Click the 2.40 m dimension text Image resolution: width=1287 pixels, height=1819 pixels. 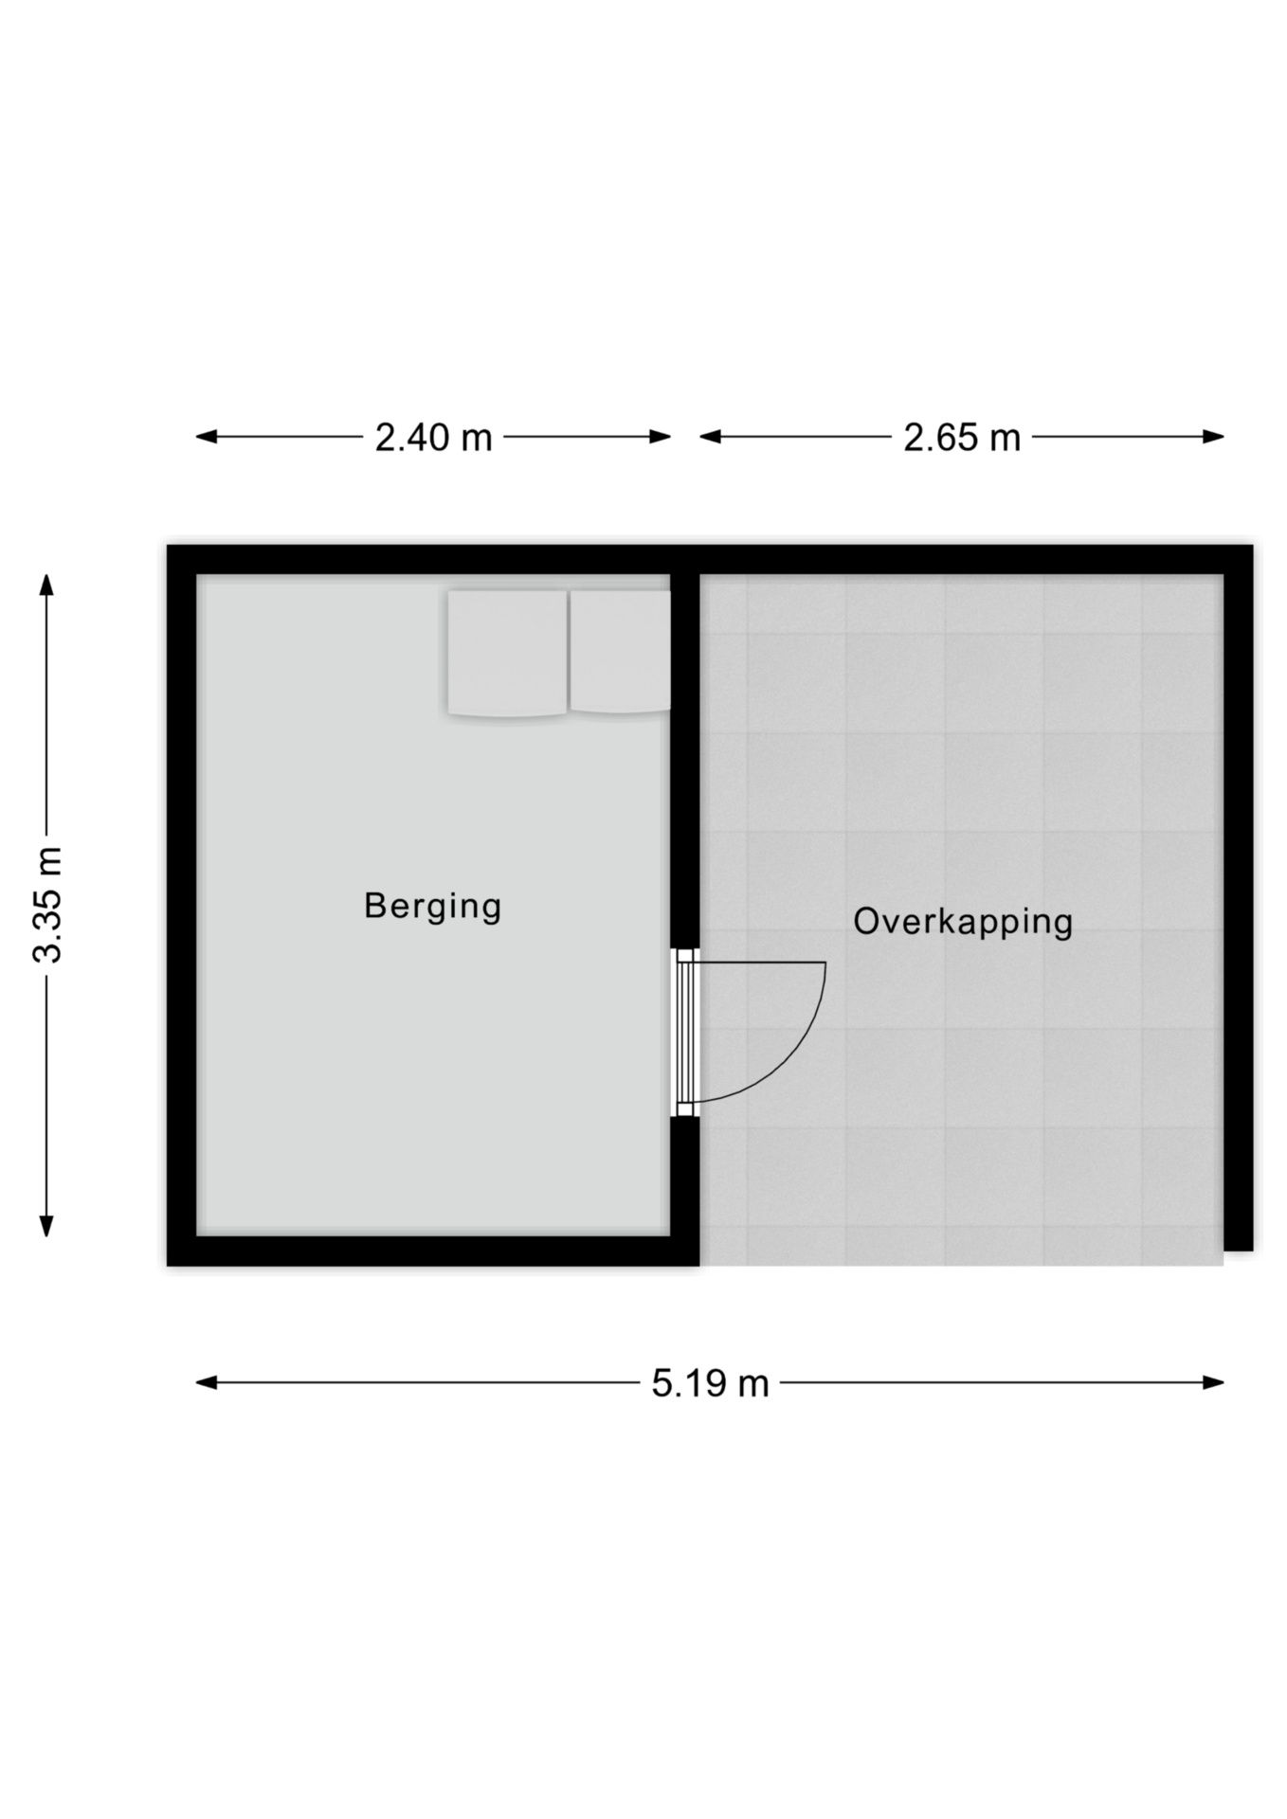tap(433, 438)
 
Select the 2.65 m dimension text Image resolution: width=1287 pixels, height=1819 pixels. tap(961, 438)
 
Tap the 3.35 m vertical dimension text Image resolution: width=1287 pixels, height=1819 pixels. tap(47, 905)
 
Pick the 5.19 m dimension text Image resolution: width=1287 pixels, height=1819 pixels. tap(710, 1384)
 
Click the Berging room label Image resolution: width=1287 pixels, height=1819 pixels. tap(432, 906)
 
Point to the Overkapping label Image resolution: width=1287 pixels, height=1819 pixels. tap(962, 922)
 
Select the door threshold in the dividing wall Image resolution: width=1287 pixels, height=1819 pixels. tap(685, 1034)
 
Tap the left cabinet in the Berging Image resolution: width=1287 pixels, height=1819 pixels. tap(507, 654)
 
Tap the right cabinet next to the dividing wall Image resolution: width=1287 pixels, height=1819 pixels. tap(619, 652)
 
